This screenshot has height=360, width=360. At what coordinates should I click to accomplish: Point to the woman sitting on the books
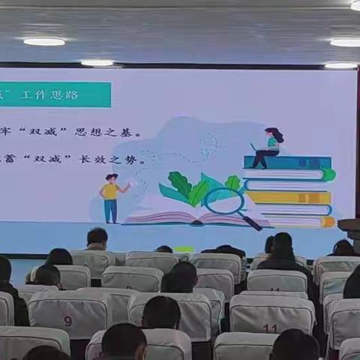(268, 147)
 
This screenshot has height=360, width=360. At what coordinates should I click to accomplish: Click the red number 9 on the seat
(67, 321)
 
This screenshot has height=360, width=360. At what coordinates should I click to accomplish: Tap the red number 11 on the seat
(270, 328)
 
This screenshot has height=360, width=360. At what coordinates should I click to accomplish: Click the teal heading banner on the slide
(55, 94)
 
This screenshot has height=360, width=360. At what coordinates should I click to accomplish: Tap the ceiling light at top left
(44, 41)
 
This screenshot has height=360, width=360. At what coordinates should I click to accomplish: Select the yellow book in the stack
(289, 198)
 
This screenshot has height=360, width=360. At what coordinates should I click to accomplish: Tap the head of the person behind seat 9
(48, 275)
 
